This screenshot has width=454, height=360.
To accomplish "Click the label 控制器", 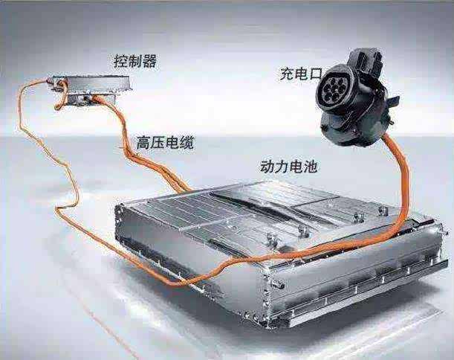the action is point(135,61).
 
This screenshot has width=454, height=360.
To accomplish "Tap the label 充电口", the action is point(301,74).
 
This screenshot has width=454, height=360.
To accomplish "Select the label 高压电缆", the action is point(165,142).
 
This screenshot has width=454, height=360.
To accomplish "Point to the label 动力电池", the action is point(288,167).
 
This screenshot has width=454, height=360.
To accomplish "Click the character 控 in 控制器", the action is point(120,61).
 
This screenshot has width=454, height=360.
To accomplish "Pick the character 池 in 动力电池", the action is point(310,167).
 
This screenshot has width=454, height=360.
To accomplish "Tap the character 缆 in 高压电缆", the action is point(187,142).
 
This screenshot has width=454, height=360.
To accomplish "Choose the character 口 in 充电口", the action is point(316,74).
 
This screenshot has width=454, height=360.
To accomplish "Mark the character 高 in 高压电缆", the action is point(143,142).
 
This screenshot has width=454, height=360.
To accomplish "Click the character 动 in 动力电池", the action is point(267,167).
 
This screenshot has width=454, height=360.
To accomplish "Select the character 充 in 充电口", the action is point(287,74).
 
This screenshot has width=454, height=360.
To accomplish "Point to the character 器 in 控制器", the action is point(149,61).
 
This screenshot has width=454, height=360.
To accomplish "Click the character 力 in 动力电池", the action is point(281,167).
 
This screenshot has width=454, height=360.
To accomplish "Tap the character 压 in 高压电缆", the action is point(158,142).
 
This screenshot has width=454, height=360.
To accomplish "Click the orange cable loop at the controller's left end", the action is point(61,96).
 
